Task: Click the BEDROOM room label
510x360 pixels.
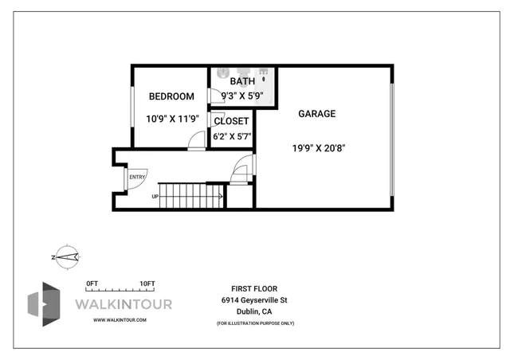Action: click(x=171, y=96)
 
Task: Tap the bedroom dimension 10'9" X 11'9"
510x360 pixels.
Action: click(x=171, y=119)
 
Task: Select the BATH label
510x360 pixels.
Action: click(x=242, y=81)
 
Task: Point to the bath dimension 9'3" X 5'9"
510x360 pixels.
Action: click(x=242, y=96)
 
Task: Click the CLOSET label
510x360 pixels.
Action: click(x=231, y=121)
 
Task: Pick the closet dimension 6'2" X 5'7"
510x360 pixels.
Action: click(x=232, y=136)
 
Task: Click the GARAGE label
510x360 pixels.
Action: click(x=316, y=114)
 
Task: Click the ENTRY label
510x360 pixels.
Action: click(x=137, y=177)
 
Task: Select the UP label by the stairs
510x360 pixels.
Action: click(x=155, y=197)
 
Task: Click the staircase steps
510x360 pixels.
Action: click(x=192, y=195)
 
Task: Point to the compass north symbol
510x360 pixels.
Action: click(x=65, y=256)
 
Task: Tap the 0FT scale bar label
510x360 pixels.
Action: click(x=92, y=284)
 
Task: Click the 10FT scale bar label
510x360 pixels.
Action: click(x=147, y=284)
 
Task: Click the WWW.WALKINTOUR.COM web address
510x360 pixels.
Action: click(x=120, y=319)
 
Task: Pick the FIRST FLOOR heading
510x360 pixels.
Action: click(x=254, y=288)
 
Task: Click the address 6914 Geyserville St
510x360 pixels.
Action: click(x=254, y=300)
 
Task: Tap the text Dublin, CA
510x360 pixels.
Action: click(x=254, y=312)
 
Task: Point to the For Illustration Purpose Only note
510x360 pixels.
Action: click(x=255, y=323)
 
